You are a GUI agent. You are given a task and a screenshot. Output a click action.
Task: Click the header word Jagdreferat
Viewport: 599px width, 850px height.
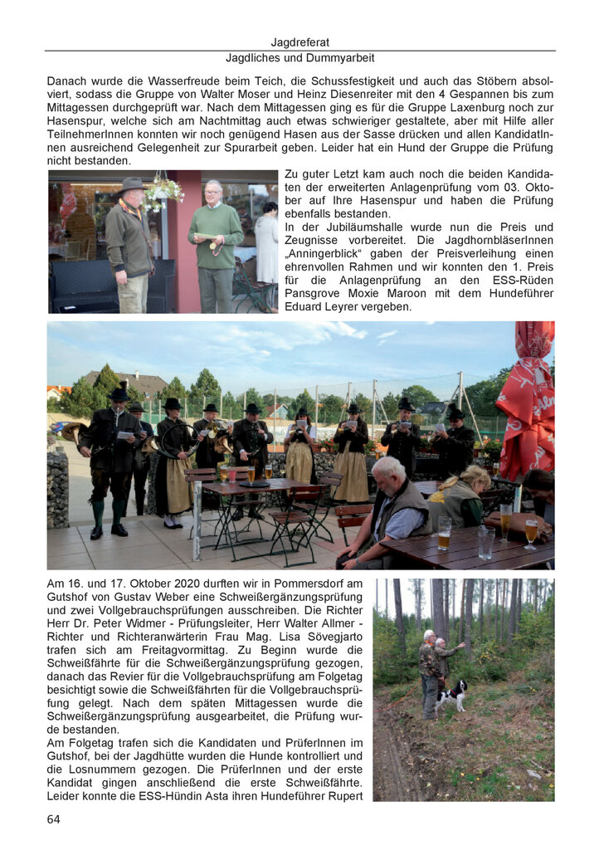coord(299,42)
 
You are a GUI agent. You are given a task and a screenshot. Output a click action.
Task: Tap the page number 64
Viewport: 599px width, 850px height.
coord(54,819)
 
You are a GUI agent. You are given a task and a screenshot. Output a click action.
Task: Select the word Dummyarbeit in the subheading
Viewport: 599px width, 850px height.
coord(341,58)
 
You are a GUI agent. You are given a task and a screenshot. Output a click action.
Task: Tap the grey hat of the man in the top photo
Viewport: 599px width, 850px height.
coord(132,183)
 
